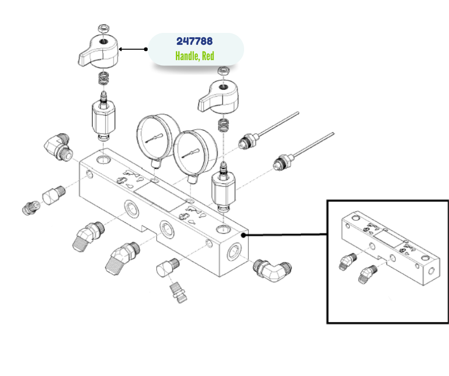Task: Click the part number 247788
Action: (194, 42)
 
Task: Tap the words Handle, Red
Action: (194, 56)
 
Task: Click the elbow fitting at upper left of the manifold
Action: (59, 145)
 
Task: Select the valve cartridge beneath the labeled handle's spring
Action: (103, 119)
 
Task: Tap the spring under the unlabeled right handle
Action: (222, 125)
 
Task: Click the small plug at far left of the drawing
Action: (29, 207)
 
